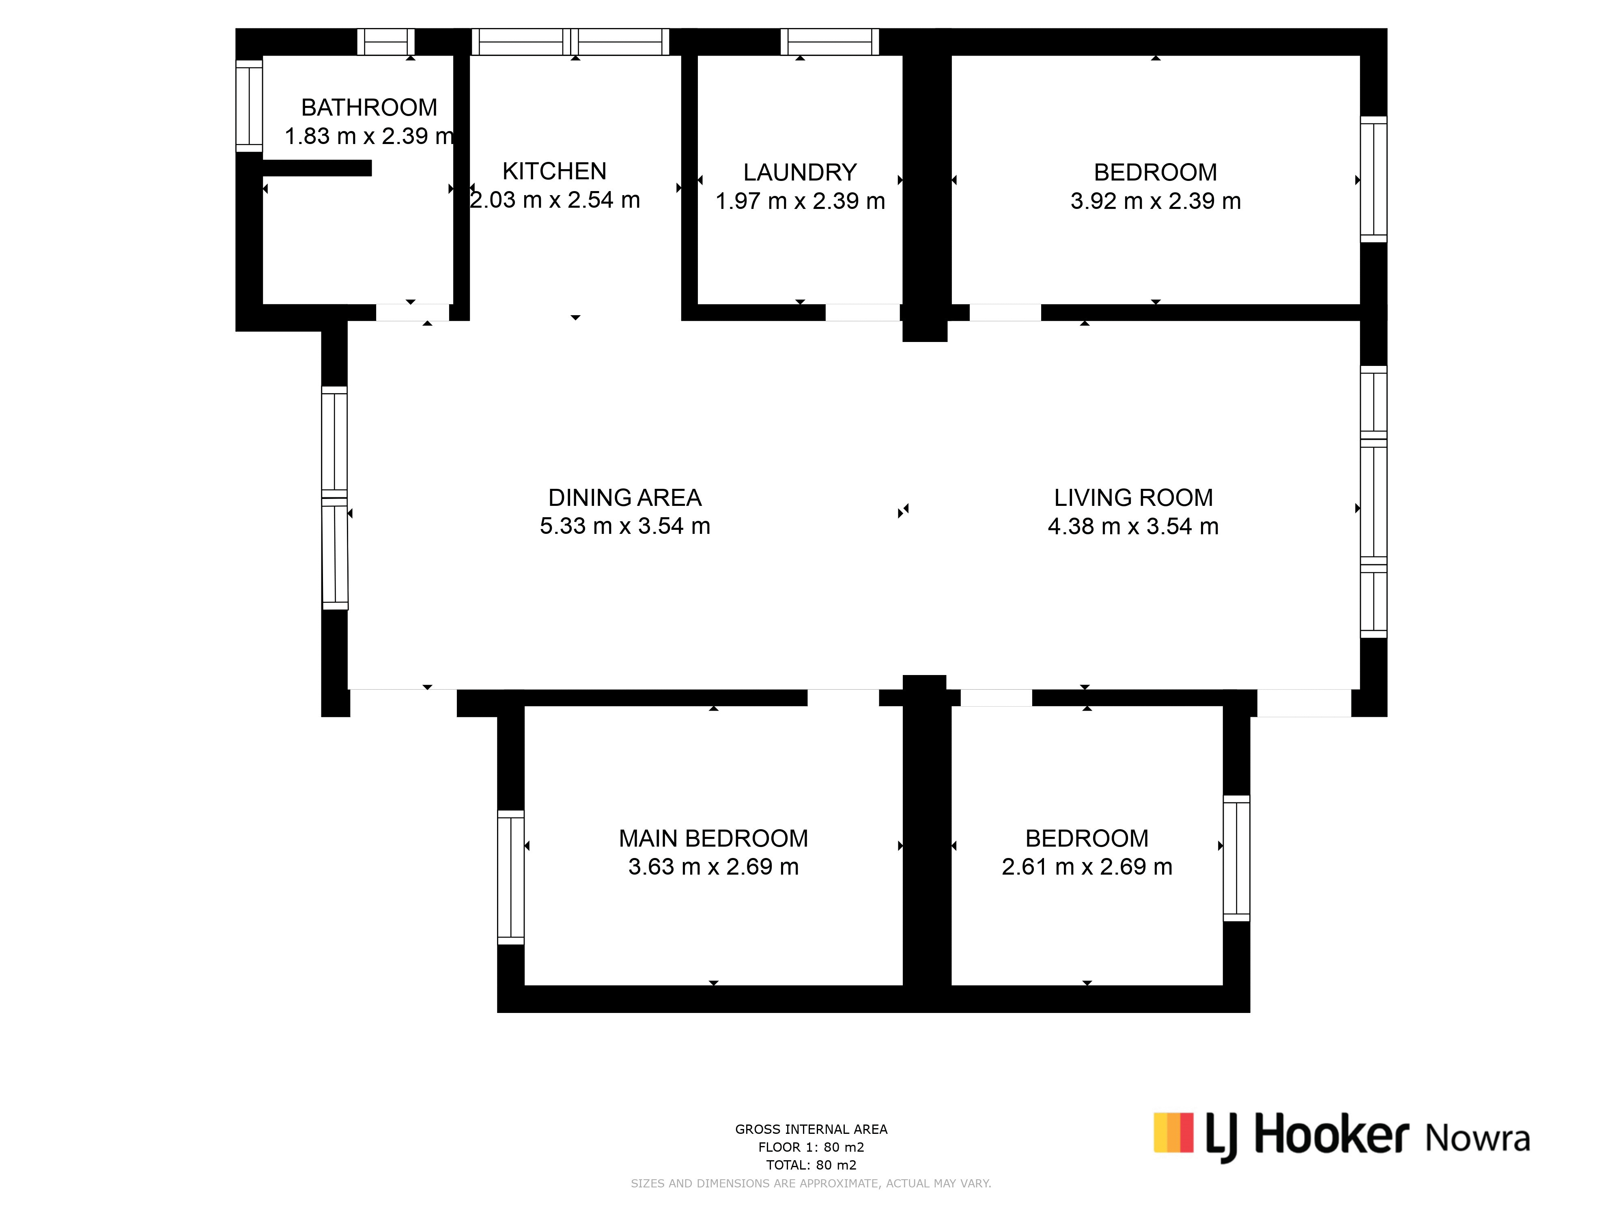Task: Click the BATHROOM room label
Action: click(x=369, y=108)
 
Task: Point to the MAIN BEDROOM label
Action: click(x=713, y=839)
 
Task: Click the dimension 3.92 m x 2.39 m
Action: click(x=1156, y=201)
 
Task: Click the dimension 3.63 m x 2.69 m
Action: click(x=713, y=867)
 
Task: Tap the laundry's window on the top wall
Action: click(x=830, y=42)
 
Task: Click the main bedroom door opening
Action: click(x=843, y=698)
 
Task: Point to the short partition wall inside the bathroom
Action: click(x=317, y=168)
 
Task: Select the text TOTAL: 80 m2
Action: click(x=811, y=1165)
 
